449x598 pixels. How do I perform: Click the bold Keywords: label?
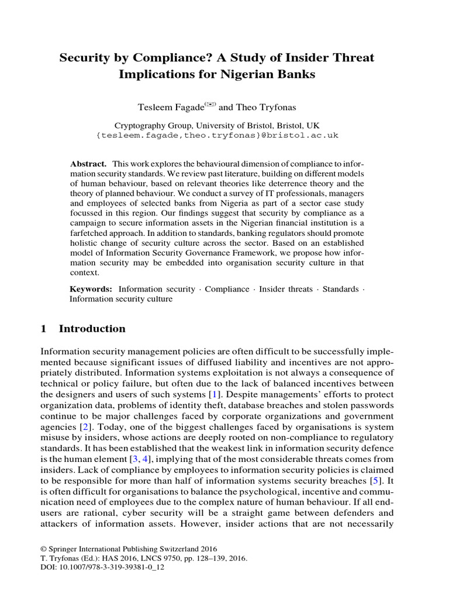(x=91, y=288)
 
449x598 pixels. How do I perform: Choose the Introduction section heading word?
(x=92, y=329)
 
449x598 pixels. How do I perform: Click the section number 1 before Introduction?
(x=44, y=329)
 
